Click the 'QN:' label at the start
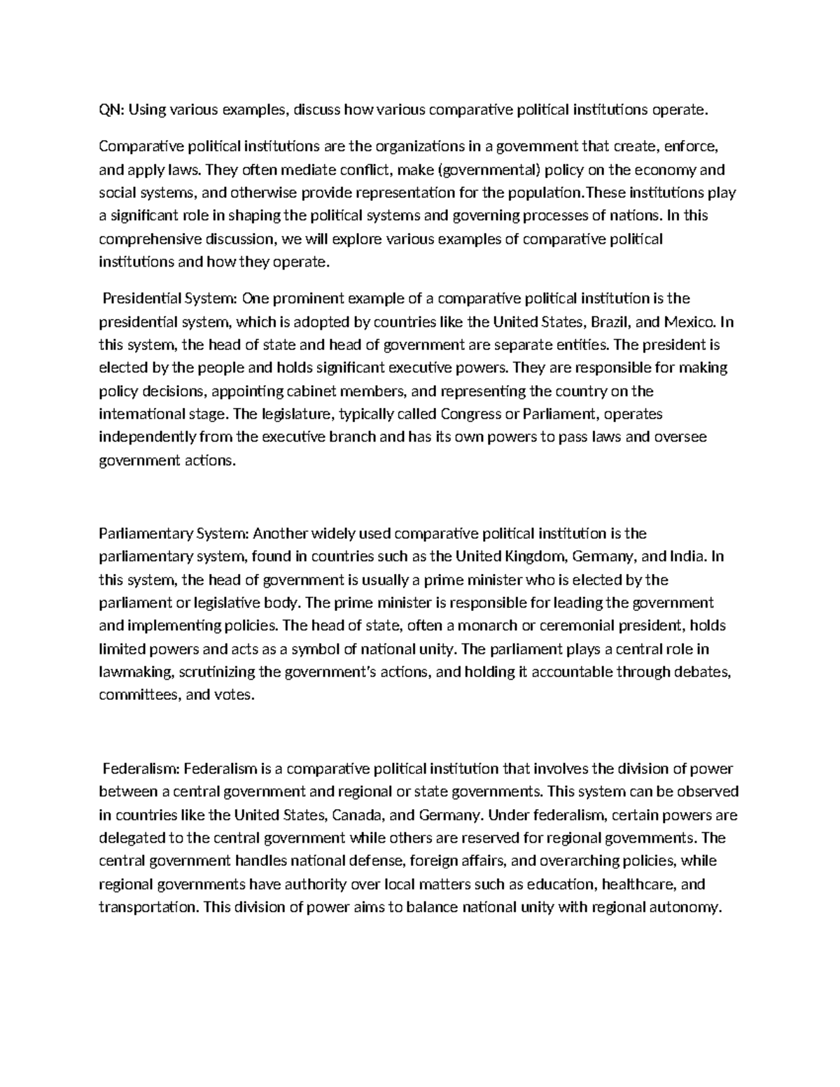pyautogui.click(x=111, y=109)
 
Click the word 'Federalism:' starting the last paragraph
pyautogui.click(x=141, y=769)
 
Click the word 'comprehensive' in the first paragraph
pyautogui.click(x=144, y=239)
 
